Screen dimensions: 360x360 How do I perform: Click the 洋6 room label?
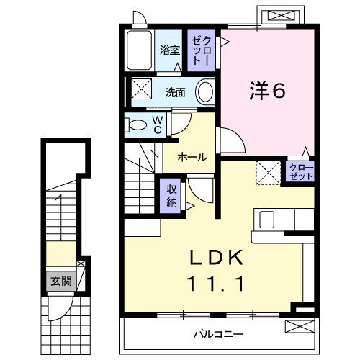267,91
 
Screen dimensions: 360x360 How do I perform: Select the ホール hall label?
192,157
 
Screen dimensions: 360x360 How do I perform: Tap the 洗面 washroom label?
175,93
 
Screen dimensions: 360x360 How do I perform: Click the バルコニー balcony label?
218,335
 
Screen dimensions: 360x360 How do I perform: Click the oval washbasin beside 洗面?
205,92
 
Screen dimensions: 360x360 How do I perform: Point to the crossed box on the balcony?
300,325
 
